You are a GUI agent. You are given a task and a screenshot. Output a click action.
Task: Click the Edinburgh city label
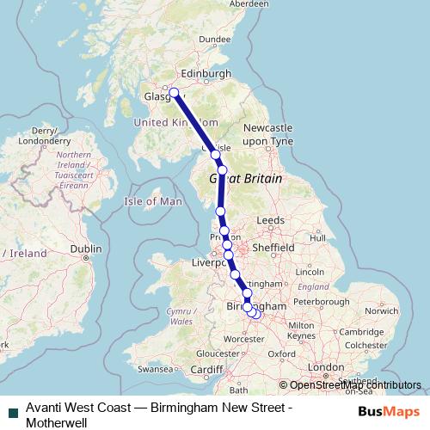pyautogui.click(x=202, y=74)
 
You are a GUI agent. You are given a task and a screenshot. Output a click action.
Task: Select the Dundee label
pyautogui.click(x=214, y=39)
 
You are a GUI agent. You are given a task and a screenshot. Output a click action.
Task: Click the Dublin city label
pyautogui.click(x=86, y=249)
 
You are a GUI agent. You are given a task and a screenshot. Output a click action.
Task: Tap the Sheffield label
pyautogui.click(x=274, y=246)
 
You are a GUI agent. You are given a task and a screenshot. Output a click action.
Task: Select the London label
pyautogui.click(x=326, y=367)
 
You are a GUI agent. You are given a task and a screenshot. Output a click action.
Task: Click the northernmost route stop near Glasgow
pyautogui.click(x=174, y=93)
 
